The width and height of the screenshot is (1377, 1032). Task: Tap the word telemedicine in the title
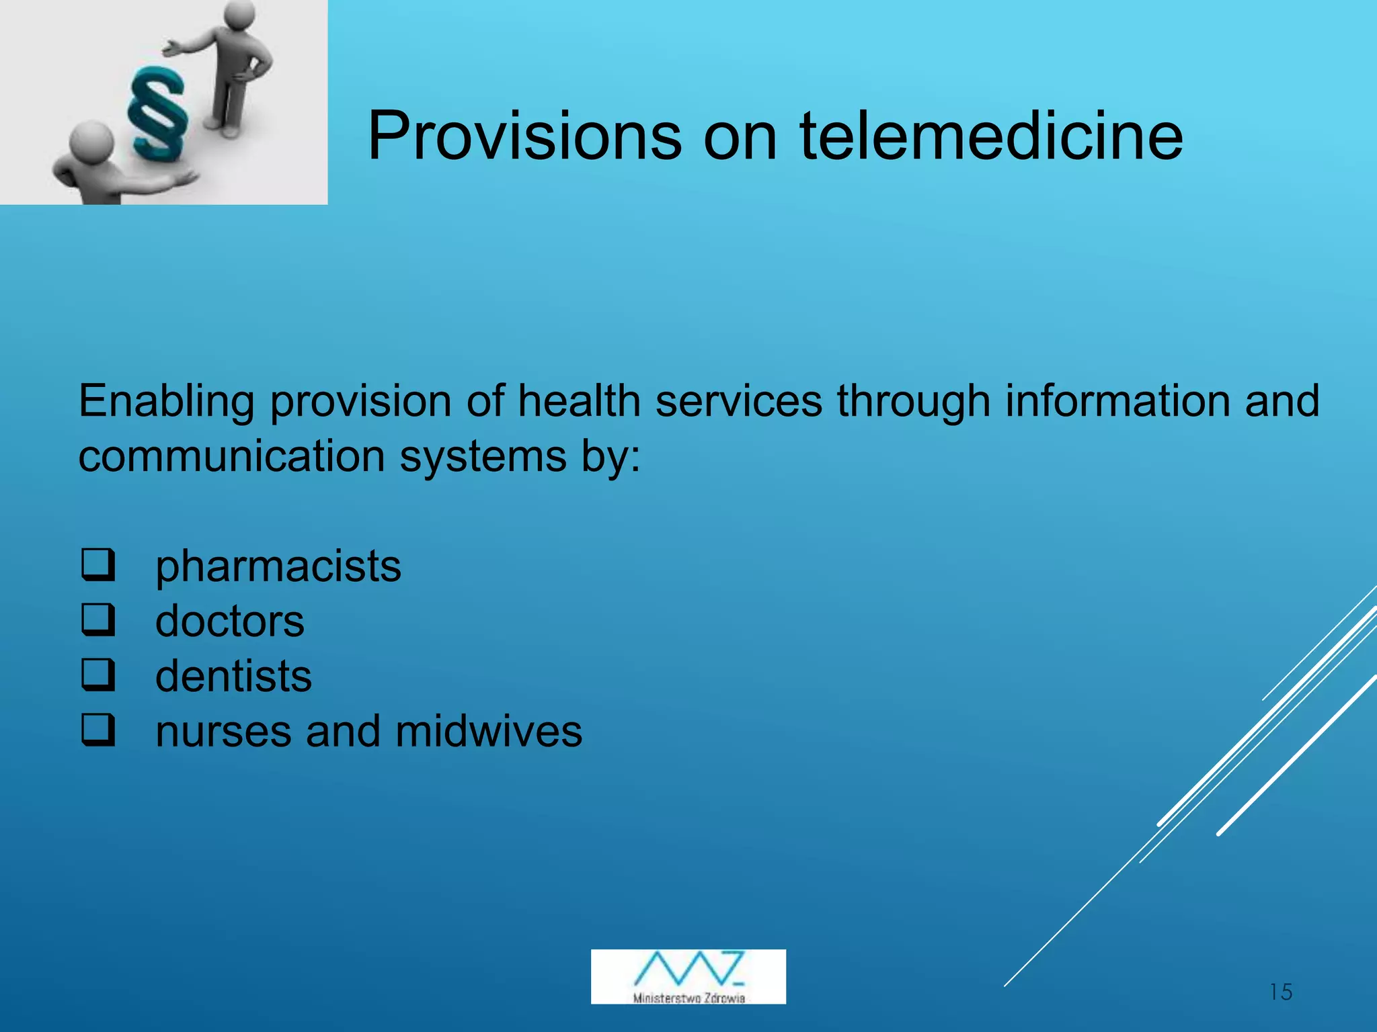point(991,136)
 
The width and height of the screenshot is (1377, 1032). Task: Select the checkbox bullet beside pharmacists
point(98,564)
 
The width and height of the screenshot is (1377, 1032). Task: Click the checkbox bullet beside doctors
point(98,619)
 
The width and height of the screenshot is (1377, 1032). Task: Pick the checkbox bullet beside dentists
point(98,675)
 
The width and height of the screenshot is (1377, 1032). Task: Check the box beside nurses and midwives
point(98,730)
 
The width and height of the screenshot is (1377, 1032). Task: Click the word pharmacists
point(278,566)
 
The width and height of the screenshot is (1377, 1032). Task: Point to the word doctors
point(229,621)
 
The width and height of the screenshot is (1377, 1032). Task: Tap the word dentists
point(233,676)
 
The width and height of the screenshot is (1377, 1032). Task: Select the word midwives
point(489,731)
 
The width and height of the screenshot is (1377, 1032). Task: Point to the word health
point(580,401)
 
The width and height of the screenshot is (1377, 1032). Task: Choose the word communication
point(231,457)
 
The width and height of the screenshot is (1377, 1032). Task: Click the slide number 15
point(1281,992)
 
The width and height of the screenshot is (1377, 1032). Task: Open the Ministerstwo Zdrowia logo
point(688,976)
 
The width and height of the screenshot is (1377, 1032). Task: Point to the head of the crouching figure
point(91,140)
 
